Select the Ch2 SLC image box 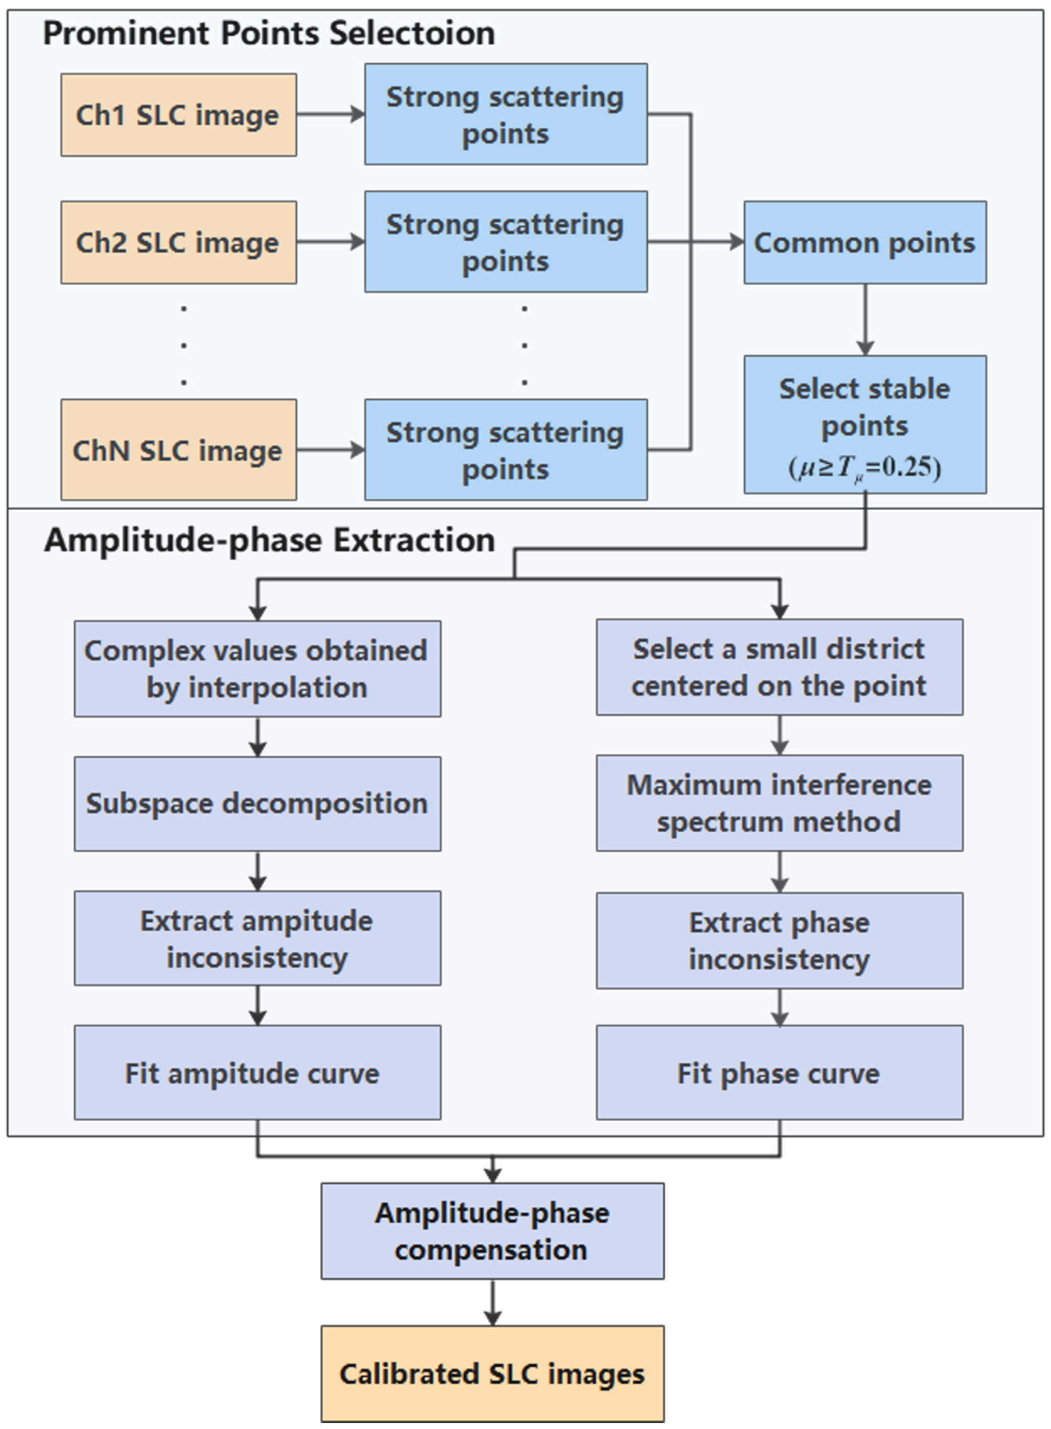click(178, 242)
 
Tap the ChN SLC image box click(178, 450)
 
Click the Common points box click(865, 242)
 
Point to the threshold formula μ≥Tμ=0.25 click(865, 468)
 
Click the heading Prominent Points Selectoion click(268, 33)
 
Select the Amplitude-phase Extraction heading click(269, 541)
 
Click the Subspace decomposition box click(257, 803)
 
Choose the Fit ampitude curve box click(257, 1074)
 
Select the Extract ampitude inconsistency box click(257, 939)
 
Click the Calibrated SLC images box click(492, 1374)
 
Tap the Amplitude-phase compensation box click(492, 1232)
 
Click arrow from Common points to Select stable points click(865, 319)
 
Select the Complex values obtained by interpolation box click(257, 668)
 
